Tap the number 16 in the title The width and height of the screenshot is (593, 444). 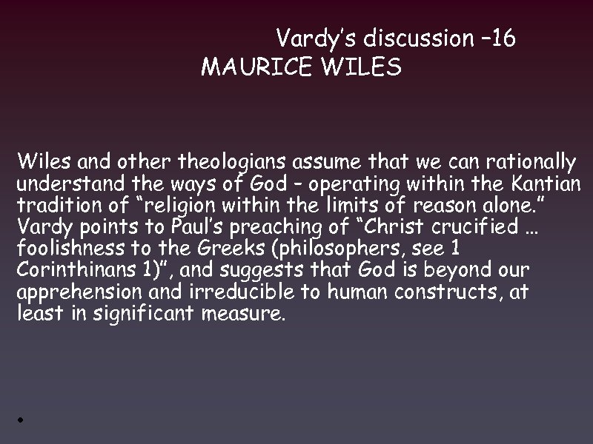(502, 38)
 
